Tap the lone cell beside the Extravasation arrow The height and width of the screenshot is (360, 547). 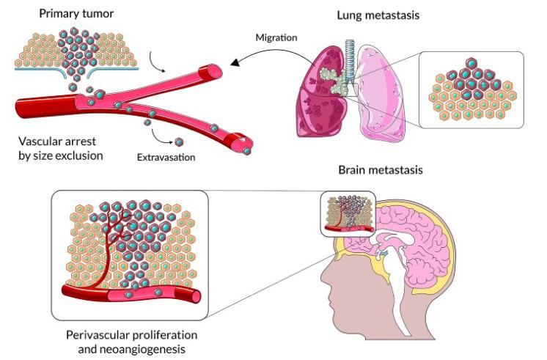178,141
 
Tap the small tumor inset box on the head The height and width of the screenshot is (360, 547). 348,213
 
